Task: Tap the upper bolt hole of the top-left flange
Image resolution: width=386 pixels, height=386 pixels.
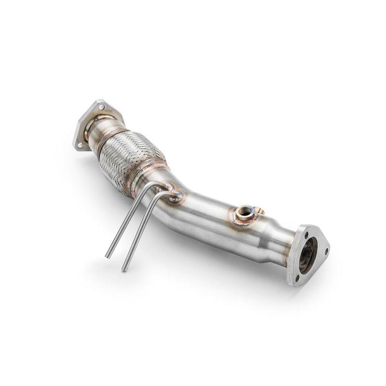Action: click(101, 107)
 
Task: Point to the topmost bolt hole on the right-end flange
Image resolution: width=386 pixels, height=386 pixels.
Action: click(306, 234)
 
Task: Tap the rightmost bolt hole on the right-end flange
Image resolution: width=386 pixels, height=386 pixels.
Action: click(326, 251)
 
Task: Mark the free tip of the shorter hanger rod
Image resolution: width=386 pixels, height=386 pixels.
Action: click(108, 255)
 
